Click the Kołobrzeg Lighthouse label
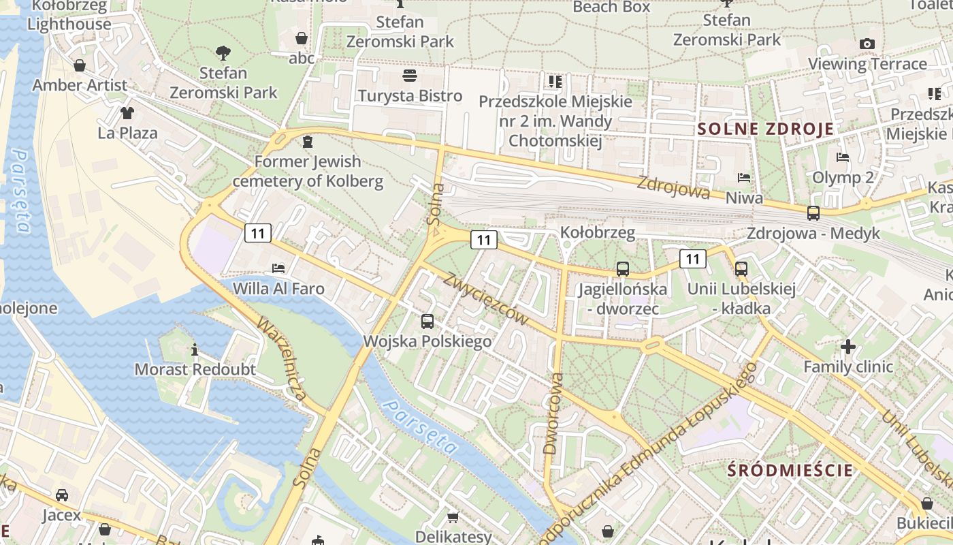pos(69,15)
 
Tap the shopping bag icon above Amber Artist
pos(80,65)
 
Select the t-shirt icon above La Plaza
pos(127,112)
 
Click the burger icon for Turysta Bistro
pos(410,75)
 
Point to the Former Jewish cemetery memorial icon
pos(308,142)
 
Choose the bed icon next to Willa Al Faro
pos(278,268)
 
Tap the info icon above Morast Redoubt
pos(195,349)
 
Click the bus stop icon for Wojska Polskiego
pos(427,321)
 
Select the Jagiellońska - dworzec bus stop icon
pos(622,269)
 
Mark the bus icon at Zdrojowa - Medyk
pos(813,213)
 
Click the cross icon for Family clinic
pos(847,347)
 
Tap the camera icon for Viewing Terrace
pos(867,44)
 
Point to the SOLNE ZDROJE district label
pos(766,129)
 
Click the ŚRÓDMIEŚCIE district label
pos(790,470)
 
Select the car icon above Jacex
pos(62,495)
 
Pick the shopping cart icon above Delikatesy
pos(453,517)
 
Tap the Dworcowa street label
pos(553,413)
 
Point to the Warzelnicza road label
pos(281,357)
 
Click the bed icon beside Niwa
pos(744,178)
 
